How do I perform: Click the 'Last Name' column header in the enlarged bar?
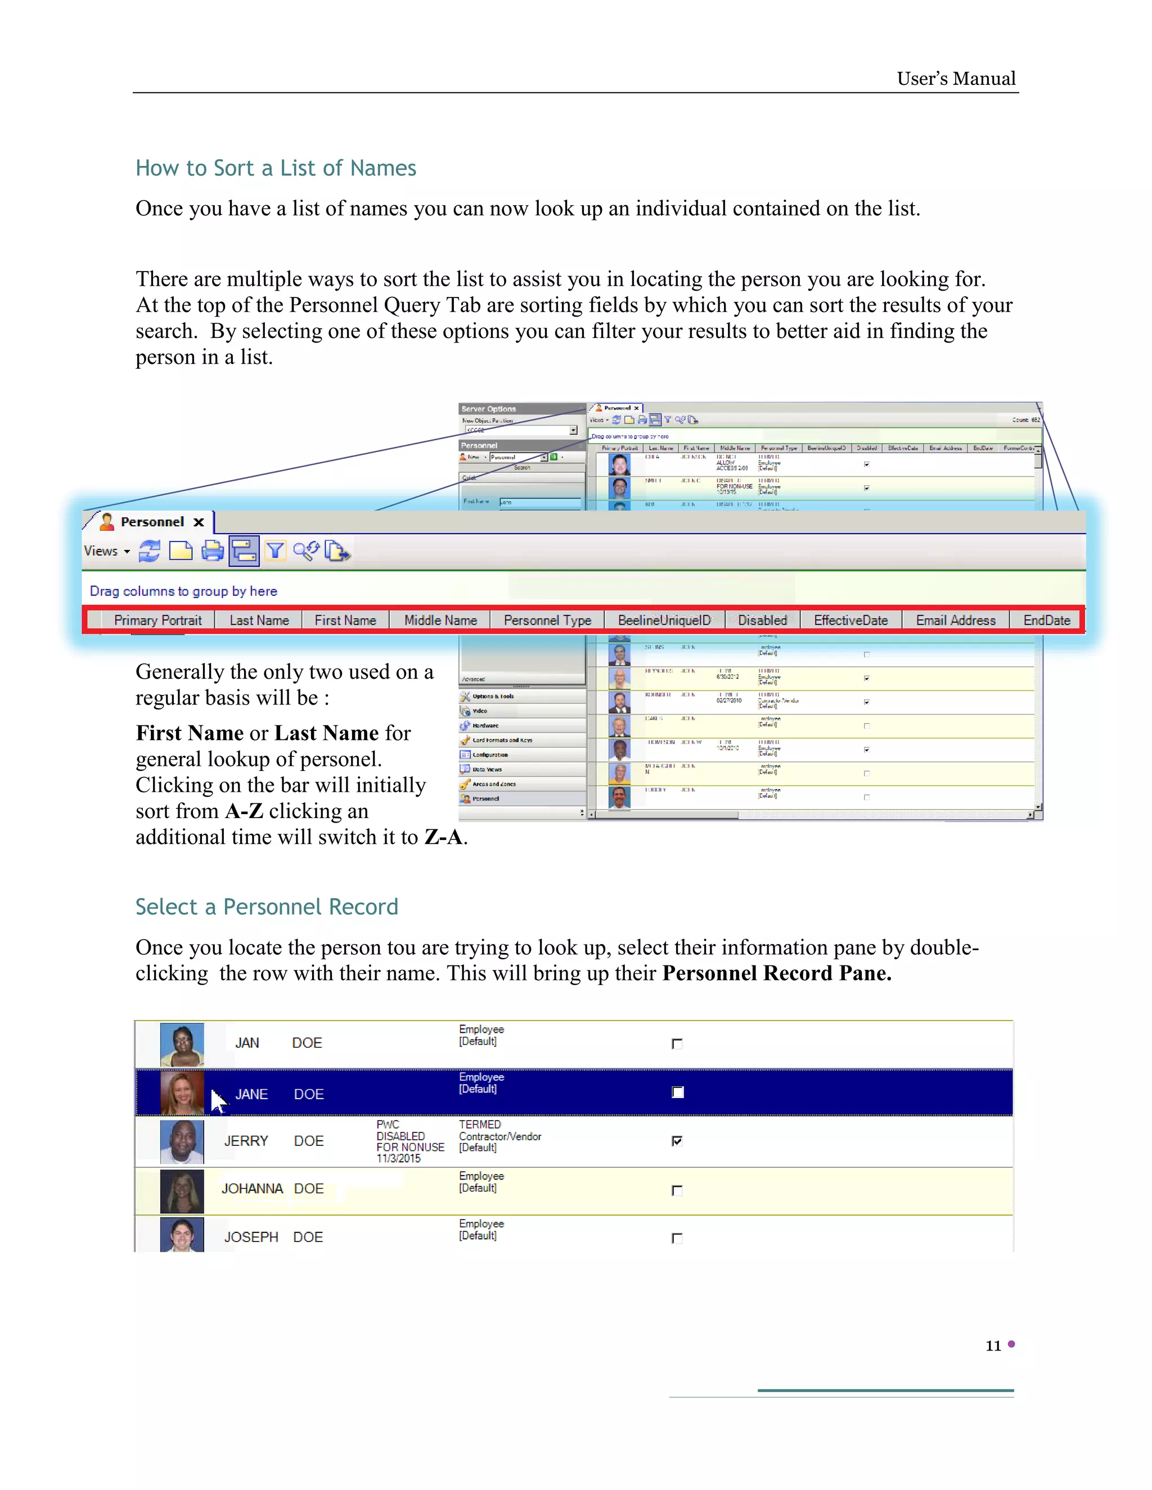(259, 620)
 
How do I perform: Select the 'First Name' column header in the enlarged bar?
(345, 620)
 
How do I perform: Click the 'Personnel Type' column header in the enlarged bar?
(547, 620)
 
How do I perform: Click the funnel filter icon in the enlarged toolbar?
(275, 550)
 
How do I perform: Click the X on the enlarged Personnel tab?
(199, 522)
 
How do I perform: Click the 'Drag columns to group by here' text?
(183, 592)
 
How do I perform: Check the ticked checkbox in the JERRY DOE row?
(677, 1141)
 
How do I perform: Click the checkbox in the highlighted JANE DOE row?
(678, 1092)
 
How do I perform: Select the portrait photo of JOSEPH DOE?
(182, 1235)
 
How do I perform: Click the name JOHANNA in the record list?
(252, 1189)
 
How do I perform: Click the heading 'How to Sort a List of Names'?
(276, 168)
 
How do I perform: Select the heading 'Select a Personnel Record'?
(266, 907)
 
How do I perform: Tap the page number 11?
(993, 1345)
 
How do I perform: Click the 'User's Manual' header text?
(956, 79)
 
